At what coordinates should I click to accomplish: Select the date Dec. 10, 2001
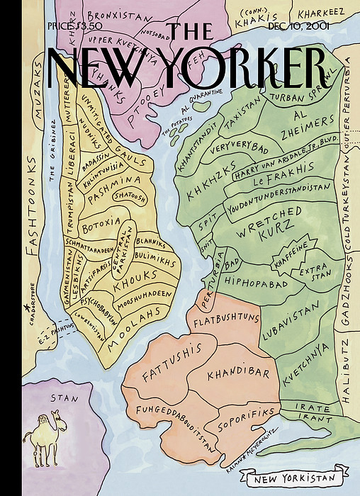pos(300,26)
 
